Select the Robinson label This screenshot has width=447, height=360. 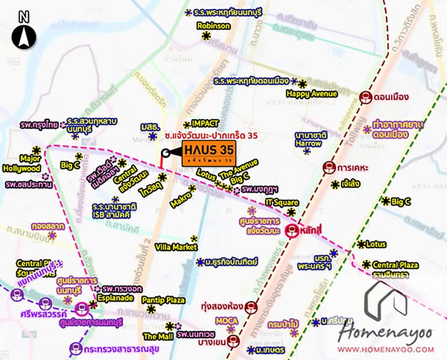(213, 26)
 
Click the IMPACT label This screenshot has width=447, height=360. (205, 124)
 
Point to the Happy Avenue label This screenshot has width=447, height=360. (311, 94)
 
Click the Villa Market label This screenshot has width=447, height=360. (176, 247)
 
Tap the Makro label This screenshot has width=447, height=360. (181, 198)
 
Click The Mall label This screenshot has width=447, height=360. (154, 337)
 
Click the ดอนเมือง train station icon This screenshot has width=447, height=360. (366, 95)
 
